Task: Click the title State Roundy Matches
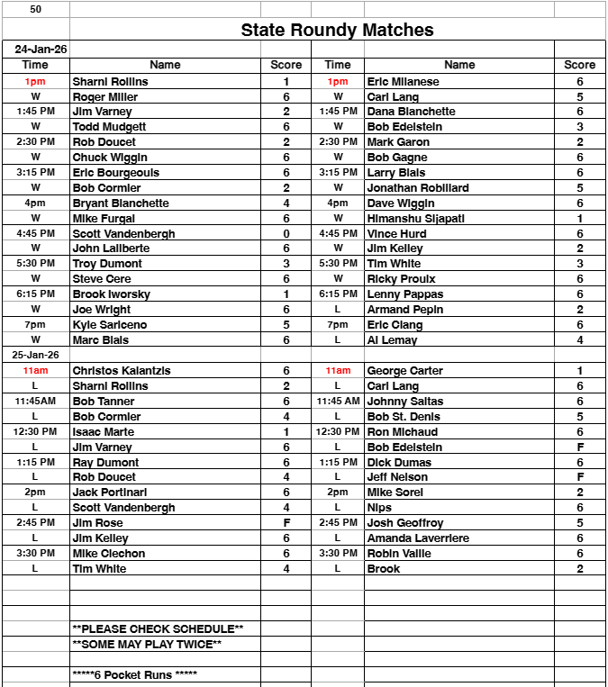tap(337, 30)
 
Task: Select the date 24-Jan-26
tap(35, 50)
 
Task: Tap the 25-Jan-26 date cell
tap(35, 355)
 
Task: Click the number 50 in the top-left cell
tap(35, 8)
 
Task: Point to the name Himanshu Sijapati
tap(415, 218)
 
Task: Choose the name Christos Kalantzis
tap(122, 370)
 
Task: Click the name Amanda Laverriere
tap(418, 538)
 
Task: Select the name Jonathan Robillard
tap(418, 187)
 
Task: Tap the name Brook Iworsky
tap(112, 294)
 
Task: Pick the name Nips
tap(379, 507)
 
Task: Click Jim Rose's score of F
tap(286, 522)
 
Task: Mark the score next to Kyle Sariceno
tap(286, 324)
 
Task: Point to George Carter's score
tap(579, 370)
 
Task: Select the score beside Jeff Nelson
tap(579, 476)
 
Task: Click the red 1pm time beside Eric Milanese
tap(337, 81)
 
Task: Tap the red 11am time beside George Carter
tap(337, 370)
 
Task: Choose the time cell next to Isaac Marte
tap(35, 431)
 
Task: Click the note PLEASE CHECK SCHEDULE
tap(158, 628)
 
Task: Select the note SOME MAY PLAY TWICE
tap(147, 644)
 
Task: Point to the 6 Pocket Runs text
tap(134, 674)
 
